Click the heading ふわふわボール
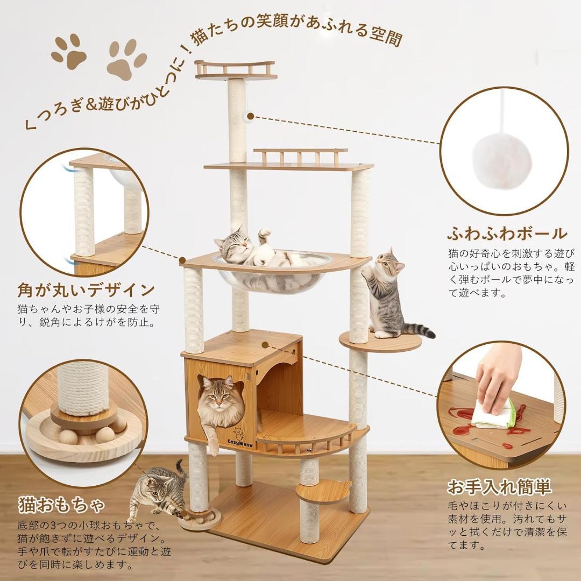click(x=507, y=234)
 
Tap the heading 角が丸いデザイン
click(x=86, y=291)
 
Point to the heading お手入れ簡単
click(x=500, y=487)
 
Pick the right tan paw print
click(x=126, y=60)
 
